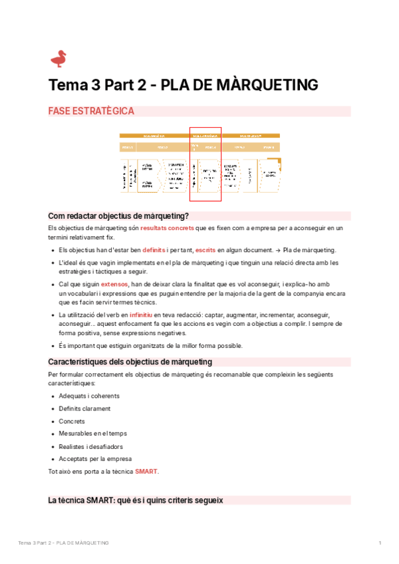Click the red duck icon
point(59,59)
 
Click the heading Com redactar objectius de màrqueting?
point(118,215)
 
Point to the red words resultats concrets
point(167,228)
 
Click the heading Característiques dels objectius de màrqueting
point(130,362)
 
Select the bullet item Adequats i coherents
point(85,396)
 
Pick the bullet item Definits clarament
point(84,408)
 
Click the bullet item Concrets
point(72,421)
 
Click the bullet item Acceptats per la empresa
point(94,459)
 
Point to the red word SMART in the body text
point(146,472)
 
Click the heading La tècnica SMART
point(136,499)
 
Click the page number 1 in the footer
point(379,543)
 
